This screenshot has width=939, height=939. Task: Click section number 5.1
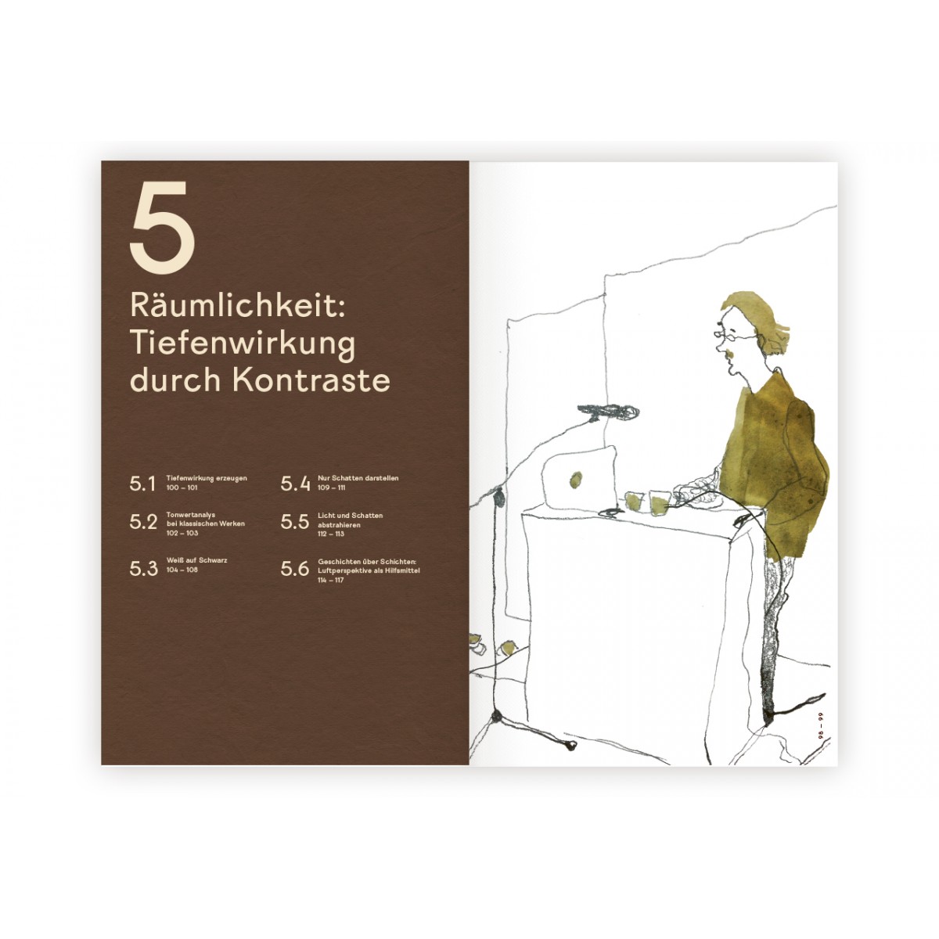tap(143, 484)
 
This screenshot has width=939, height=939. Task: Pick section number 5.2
tap(144, 523)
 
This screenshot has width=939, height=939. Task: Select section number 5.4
tap(296, 484)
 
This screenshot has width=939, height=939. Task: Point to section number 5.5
tap(296, 523)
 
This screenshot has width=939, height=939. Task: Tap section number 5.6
tap(296, 569)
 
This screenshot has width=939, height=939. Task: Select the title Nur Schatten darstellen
tap(354, 477)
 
